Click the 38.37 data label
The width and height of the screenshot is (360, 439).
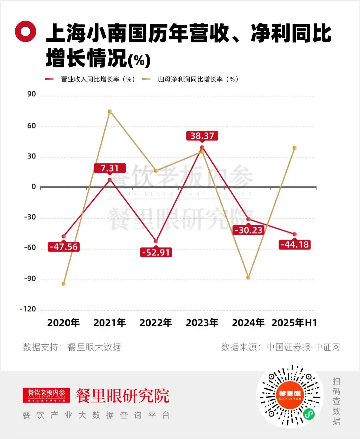(x=202, y=136)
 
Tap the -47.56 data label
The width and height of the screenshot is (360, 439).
(x=63, y=247)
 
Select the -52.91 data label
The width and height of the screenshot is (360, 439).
(x=156, y=252)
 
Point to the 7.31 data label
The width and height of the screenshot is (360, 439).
(x=110, y=168)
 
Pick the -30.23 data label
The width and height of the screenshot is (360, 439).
(x=248, y=230)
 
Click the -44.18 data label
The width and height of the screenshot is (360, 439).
(x=295, y=245)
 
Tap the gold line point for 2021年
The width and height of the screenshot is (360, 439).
(x=110, y=111)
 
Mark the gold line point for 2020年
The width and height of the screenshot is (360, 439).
(x=63, y=284)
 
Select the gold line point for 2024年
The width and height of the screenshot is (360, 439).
(x=248, y=277)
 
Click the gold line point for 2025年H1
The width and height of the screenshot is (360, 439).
(x=295, y=148)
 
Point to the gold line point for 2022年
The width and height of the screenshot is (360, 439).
(x=156, y=171)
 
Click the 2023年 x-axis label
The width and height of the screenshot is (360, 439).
(x=202, y=323)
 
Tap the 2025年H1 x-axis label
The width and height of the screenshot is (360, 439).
(x=294, y=323)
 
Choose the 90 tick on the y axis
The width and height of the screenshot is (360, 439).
(x=32, y=94)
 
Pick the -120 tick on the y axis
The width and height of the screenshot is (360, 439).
(x=28, y=309)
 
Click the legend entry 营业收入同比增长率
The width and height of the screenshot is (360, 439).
(x=90, y=79)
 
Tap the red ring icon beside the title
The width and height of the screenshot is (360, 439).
(x=26, y=32)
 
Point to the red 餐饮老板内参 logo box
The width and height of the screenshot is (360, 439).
(x=46, y=395)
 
